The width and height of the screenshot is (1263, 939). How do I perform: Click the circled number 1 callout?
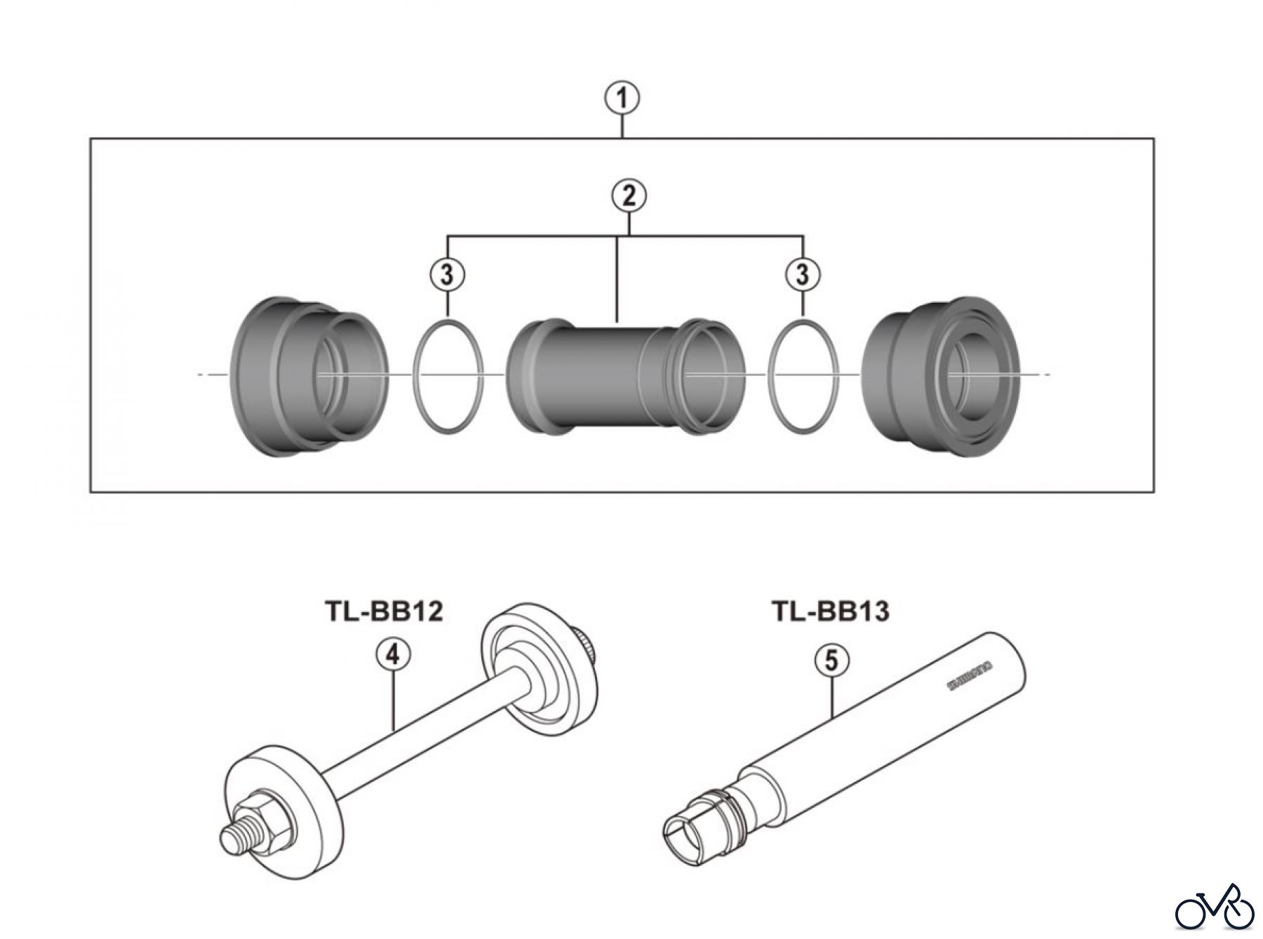coord(622,99)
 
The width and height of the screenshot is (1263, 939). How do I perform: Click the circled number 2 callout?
coord(629,196)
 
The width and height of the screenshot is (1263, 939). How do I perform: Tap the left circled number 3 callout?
coord(448,274)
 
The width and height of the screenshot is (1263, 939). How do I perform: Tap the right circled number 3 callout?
coord(803,274)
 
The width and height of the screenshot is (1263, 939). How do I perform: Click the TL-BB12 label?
coord(384,611)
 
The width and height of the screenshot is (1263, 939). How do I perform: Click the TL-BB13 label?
coord(831,611)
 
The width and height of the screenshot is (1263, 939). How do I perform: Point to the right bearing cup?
coord(940,376)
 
